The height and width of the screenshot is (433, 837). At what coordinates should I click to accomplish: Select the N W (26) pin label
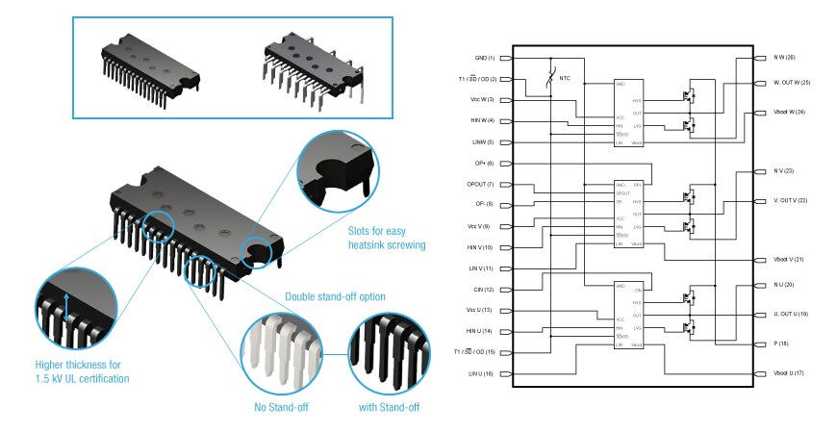click(784, 59)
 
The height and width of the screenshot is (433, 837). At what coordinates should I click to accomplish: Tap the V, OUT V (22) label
click(791, 200)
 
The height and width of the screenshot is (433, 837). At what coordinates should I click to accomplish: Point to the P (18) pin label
click(780, 343)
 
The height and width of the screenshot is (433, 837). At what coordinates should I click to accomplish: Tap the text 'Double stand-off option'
click(335, 296)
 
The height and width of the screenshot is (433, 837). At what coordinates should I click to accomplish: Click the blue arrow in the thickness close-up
click(64, 309)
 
